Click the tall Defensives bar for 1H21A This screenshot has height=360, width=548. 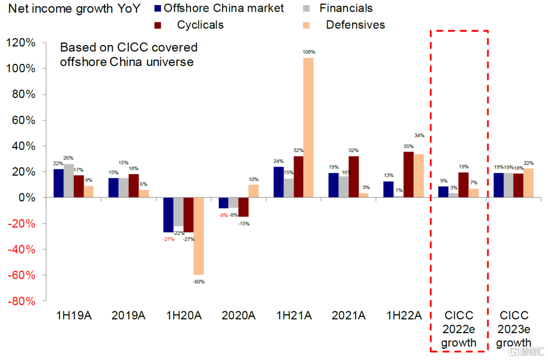(309, 127)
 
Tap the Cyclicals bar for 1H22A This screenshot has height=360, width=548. (408, 174)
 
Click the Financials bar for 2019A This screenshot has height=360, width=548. (123, 188)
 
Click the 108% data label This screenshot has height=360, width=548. (309, 52)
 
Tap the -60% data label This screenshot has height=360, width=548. (198, 281)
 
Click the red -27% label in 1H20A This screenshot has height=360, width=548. (168, 239)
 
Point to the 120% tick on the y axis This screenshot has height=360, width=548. (21, 43)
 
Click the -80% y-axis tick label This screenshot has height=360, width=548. (21, 301)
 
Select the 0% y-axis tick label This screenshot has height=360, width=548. (26, 198)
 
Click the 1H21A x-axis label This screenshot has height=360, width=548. (294, 315)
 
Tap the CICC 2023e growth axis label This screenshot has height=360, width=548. (514, 329)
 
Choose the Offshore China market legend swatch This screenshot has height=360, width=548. (157, 9)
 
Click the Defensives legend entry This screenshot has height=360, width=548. (355, 25)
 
